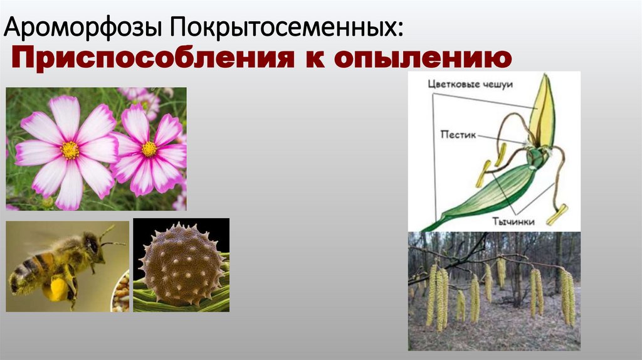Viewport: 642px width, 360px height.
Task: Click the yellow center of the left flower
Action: (x=70, y=150)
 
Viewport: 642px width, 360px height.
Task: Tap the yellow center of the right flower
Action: (x=149, y=149)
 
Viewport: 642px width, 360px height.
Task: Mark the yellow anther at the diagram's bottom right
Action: (x=557, y=214)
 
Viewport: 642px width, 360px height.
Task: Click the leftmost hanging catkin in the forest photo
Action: (x=431, y=295)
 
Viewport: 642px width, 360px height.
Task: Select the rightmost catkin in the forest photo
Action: (x=569, y=297)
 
